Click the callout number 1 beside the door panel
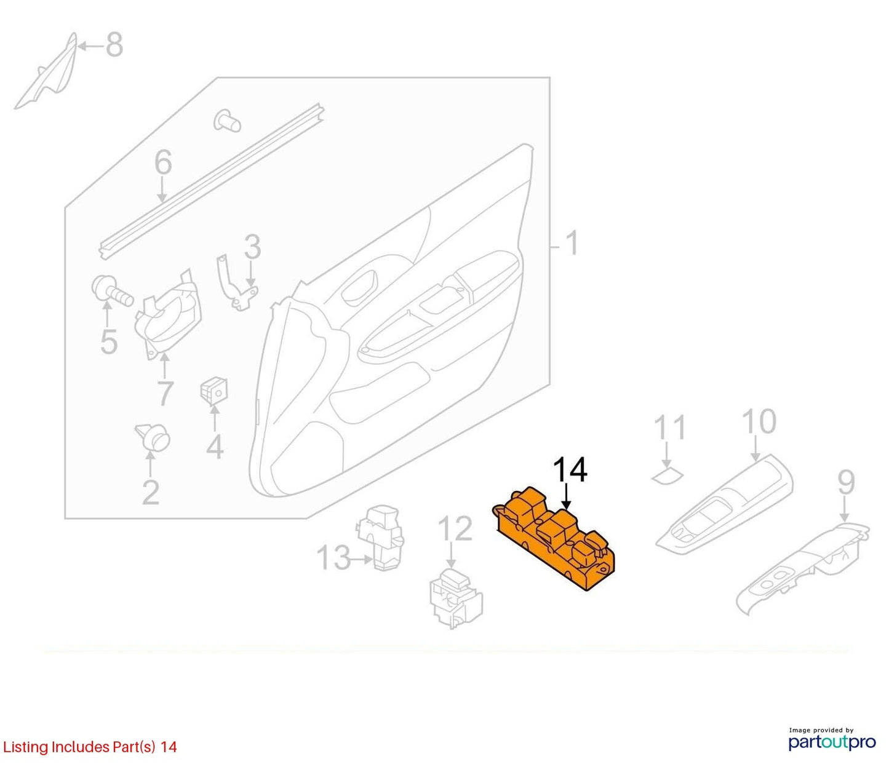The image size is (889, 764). [x=572, y=243]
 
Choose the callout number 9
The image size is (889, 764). [x=846, y=482]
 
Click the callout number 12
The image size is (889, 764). [x=455, y=529]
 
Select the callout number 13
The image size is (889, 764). [x=333, y=557]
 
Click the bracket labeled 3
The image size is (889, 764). [x=236, y=282]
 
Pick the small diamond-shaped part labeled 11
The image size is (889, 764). [x=668, y=476]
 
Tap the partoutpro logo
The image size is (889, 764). [x=832, y=741]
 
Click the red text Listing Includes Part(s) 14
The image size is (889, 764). [x=90, y=747]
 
